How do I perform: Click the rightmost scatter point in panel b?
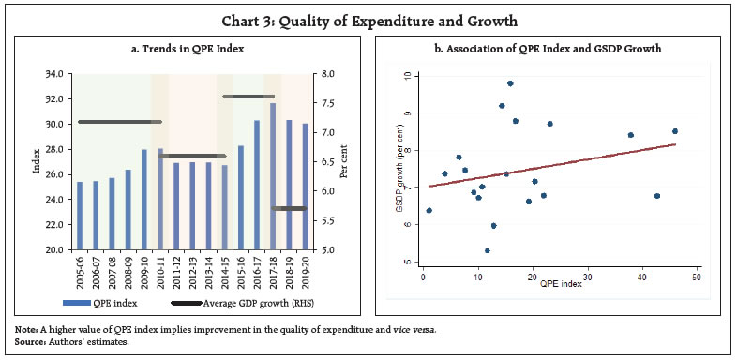pyautogui.click(x=675, y=131)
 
